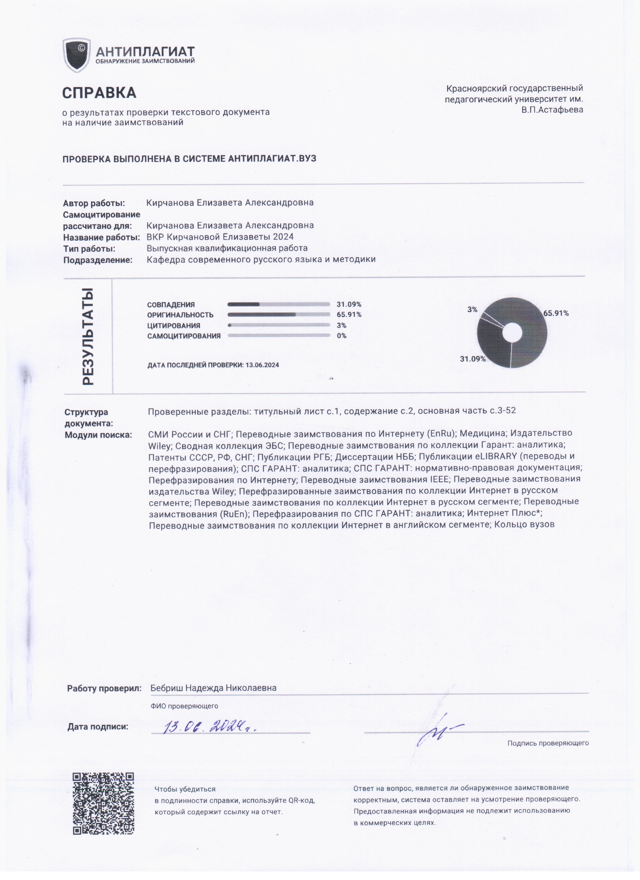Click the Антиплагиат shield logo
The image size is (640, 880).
pyautogui.click(x=76, y=55)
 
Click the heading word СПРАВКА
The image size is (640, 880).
pyautogui.click(x=99, y=93)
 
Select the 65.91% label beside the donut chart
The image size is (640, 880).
pyautogui.click(x=556, y=313)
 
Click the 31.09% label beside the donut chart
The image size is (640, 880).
pyautogui.click(x=472, y=359)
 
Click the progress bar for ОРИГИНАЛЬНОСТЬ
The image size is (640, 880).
pyautogui.click(x=278, y=315)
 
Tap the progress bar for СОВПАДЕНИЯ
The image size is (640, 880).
pyautogui.click(x=278, y=304)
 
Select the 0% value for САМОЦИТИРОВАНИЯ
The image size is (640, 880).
pyautogui.click(x=342, y=336)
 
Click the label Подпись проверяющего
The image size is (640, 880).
pyautogui.click(x=548, y=743)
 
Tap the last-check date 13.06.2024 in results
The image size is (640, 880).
pyautogui.click(x=262, y=365)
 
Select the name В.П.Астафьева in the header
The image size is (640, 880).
pyautogui.click(x=552, y=110)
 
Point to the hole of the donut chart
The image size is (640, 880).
pyautogui.click(x=512, y=333)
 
